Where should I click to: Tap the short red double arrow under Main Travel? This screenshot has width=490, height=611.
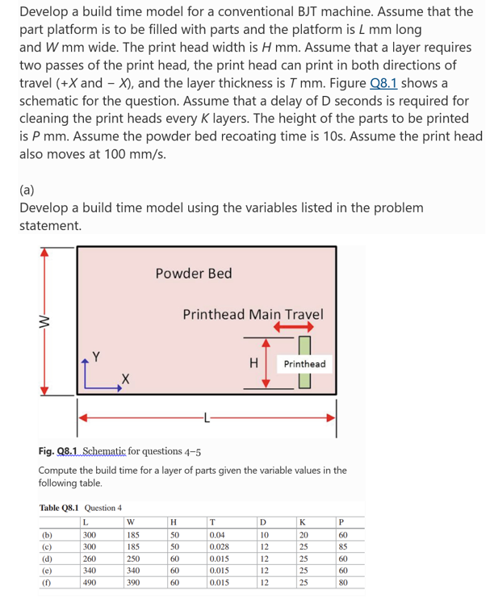click(x=292, y=327)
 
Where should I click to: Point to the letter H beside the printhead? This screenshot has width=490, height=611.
click(x=253, y=363)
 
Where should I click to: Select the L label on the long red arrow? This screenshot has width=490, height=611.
click(x=207, y=417)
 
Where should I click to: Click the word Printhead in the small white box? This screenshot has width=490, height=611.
click(x=304, y=364)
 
